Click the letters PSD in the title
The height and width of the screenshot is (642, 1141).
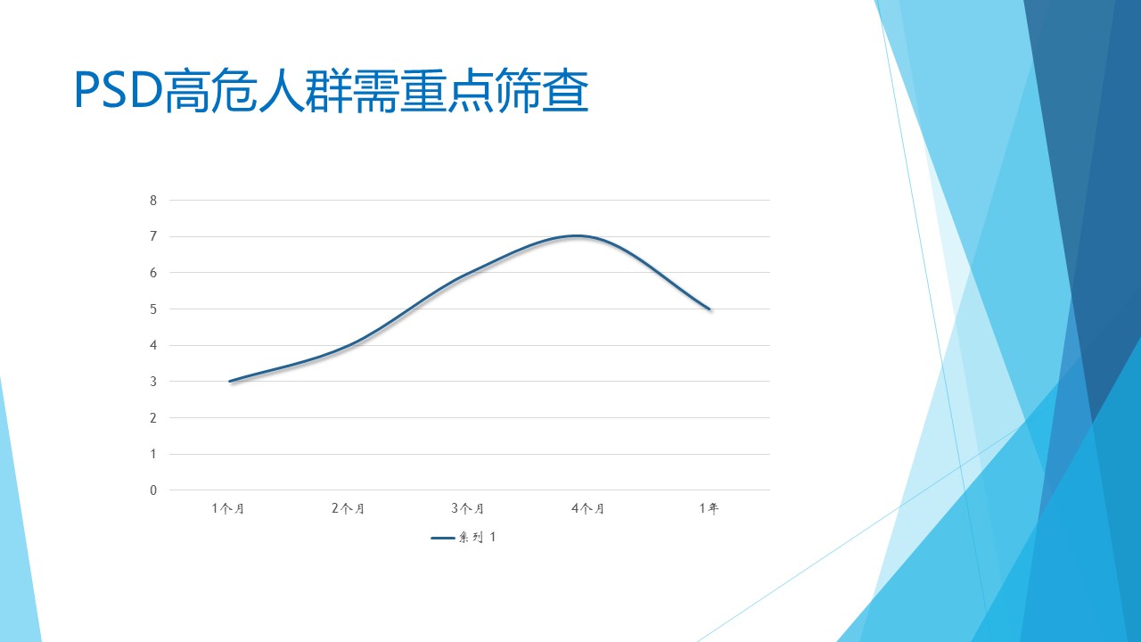pyautogui.click(x=119, y=90)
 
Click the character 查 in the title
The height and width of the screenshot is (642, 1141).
pyautogui.click(x=566, y=91)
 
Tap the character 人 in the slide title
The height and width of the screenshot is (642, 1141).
pyautogui.click(x=282, y=91)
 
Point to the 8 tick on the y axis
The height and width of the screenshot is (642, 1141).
pyautogui.click(x=153, y=201)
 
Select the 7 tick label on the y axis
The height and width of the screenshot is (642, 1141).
pyautogui.click(x=153, y=236)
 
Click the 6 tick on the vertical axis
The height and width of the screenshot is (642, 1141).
pyautogui.click(x=153, y=273)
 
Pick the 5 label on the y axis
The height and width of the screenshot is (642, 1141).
pyautogui.click(x=153, y=309)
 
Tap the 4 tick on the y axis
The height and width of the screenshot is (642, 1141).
pyautogui.click(x=153, y=345)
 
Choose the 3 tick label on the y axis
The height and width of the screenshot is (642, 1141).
pyautogui.click(x=153, y=382)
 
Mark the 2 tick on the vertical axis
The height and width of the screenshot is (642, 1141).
pyautogui.click(x=153, y=418)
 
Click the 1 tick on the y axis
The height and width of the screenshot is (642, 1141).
pyautogui.click(x=153, y=454)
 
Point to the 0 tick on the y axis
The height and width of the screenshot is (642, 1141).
pyautogui.click(x=153, y=490)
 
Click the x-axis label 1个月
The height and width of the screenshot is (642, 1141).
pyautogui.click(x=228, y=508)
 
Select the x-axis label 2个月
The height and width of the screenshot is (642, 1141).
pyautogui.click(x=349, y=508)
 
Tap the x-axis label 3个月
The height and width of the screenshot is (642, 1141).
pyautogui.click(x=468, y=508)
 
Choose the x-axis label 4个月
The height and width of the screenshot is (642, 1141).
pyautogui.click(x=588, y=508)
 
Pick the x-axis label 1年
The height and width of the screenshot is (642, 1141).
pyautogui.click(x=709, y=508)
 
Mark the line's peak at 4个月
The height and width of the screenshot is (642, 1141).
pyautogui.click(x=577, y=236)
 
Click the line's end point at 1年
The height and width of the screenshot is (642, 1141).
pyautogui.click(x=709, y=309)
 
